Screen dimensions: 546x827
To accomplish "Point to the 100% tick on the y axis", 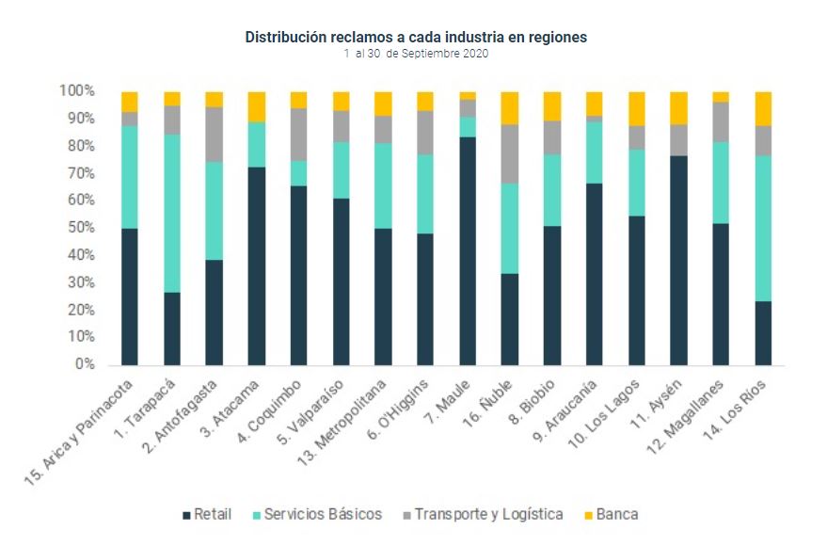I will click(x=77, y=91).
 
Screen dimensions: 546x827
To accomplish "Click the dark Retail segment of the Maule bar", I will click(x=468, y=250).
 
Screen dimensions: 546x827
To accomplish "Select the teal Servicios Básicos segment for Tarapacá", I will click(x=172, y=213).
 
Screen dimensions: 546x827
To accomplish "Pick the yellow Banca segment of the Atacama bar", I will click(x=256, y=106).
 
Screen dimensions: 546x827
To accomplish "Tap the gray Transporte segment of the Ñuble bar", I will click(x=510, y=153).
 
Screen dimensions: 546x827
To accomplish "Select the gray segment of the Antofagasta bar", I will click(x=214, y=135).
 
